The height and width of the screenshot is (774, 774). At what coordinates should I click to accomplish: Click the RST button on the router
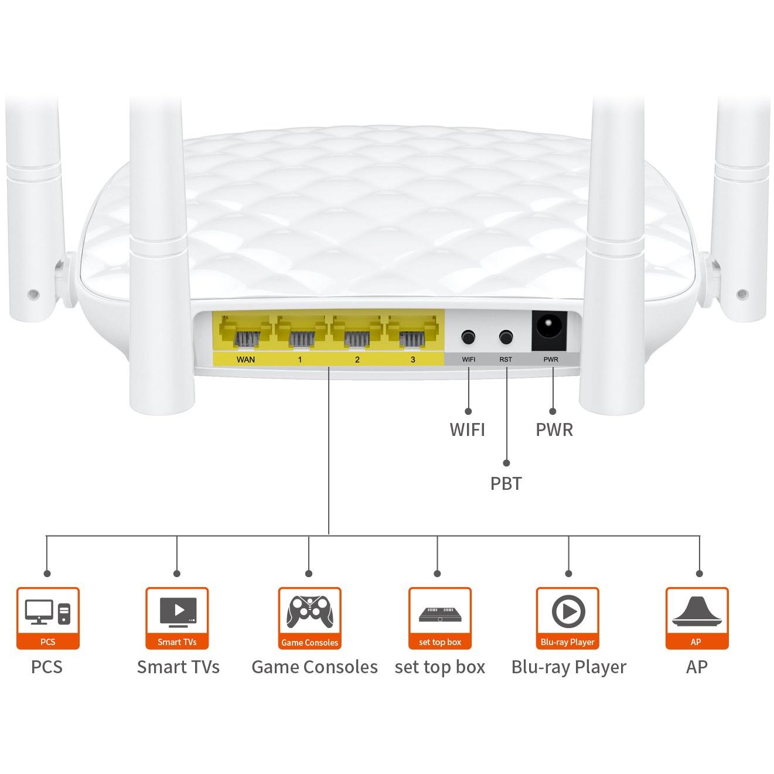506,337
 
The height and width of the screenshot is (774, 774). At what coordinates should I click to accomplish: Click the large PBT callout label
506,484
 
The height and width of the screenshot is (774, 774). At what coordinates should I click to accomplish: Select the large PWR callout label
554,429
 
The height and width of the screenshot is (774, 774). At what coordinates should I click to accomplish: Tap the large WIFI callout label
467,429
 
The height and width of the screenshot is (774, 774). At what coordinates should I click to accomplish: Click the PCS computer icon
47,613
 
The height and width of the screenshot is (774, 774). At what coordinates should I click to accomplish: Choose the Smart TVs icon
177,613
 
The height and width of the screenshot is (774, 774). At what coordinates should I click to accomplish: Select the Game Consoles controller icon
309,613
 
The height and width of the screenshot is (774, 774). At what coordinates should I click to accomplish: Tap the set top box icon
439,613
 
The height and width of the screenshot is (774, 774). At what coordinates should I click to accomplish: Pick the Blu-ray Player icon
567,613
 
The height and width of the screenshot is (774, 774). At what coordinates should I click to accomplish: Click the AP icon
696,613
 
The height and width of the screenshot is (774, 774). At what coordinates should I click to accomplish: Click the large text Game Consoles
314,667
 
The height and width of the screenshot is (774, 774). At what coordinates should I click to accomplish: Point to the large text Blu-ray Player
568,667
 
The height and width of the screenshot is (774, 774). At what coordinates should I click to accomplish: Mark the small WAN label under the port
246,359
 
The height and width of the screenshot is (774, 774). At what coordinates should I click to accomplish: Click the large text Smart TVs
178,667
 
